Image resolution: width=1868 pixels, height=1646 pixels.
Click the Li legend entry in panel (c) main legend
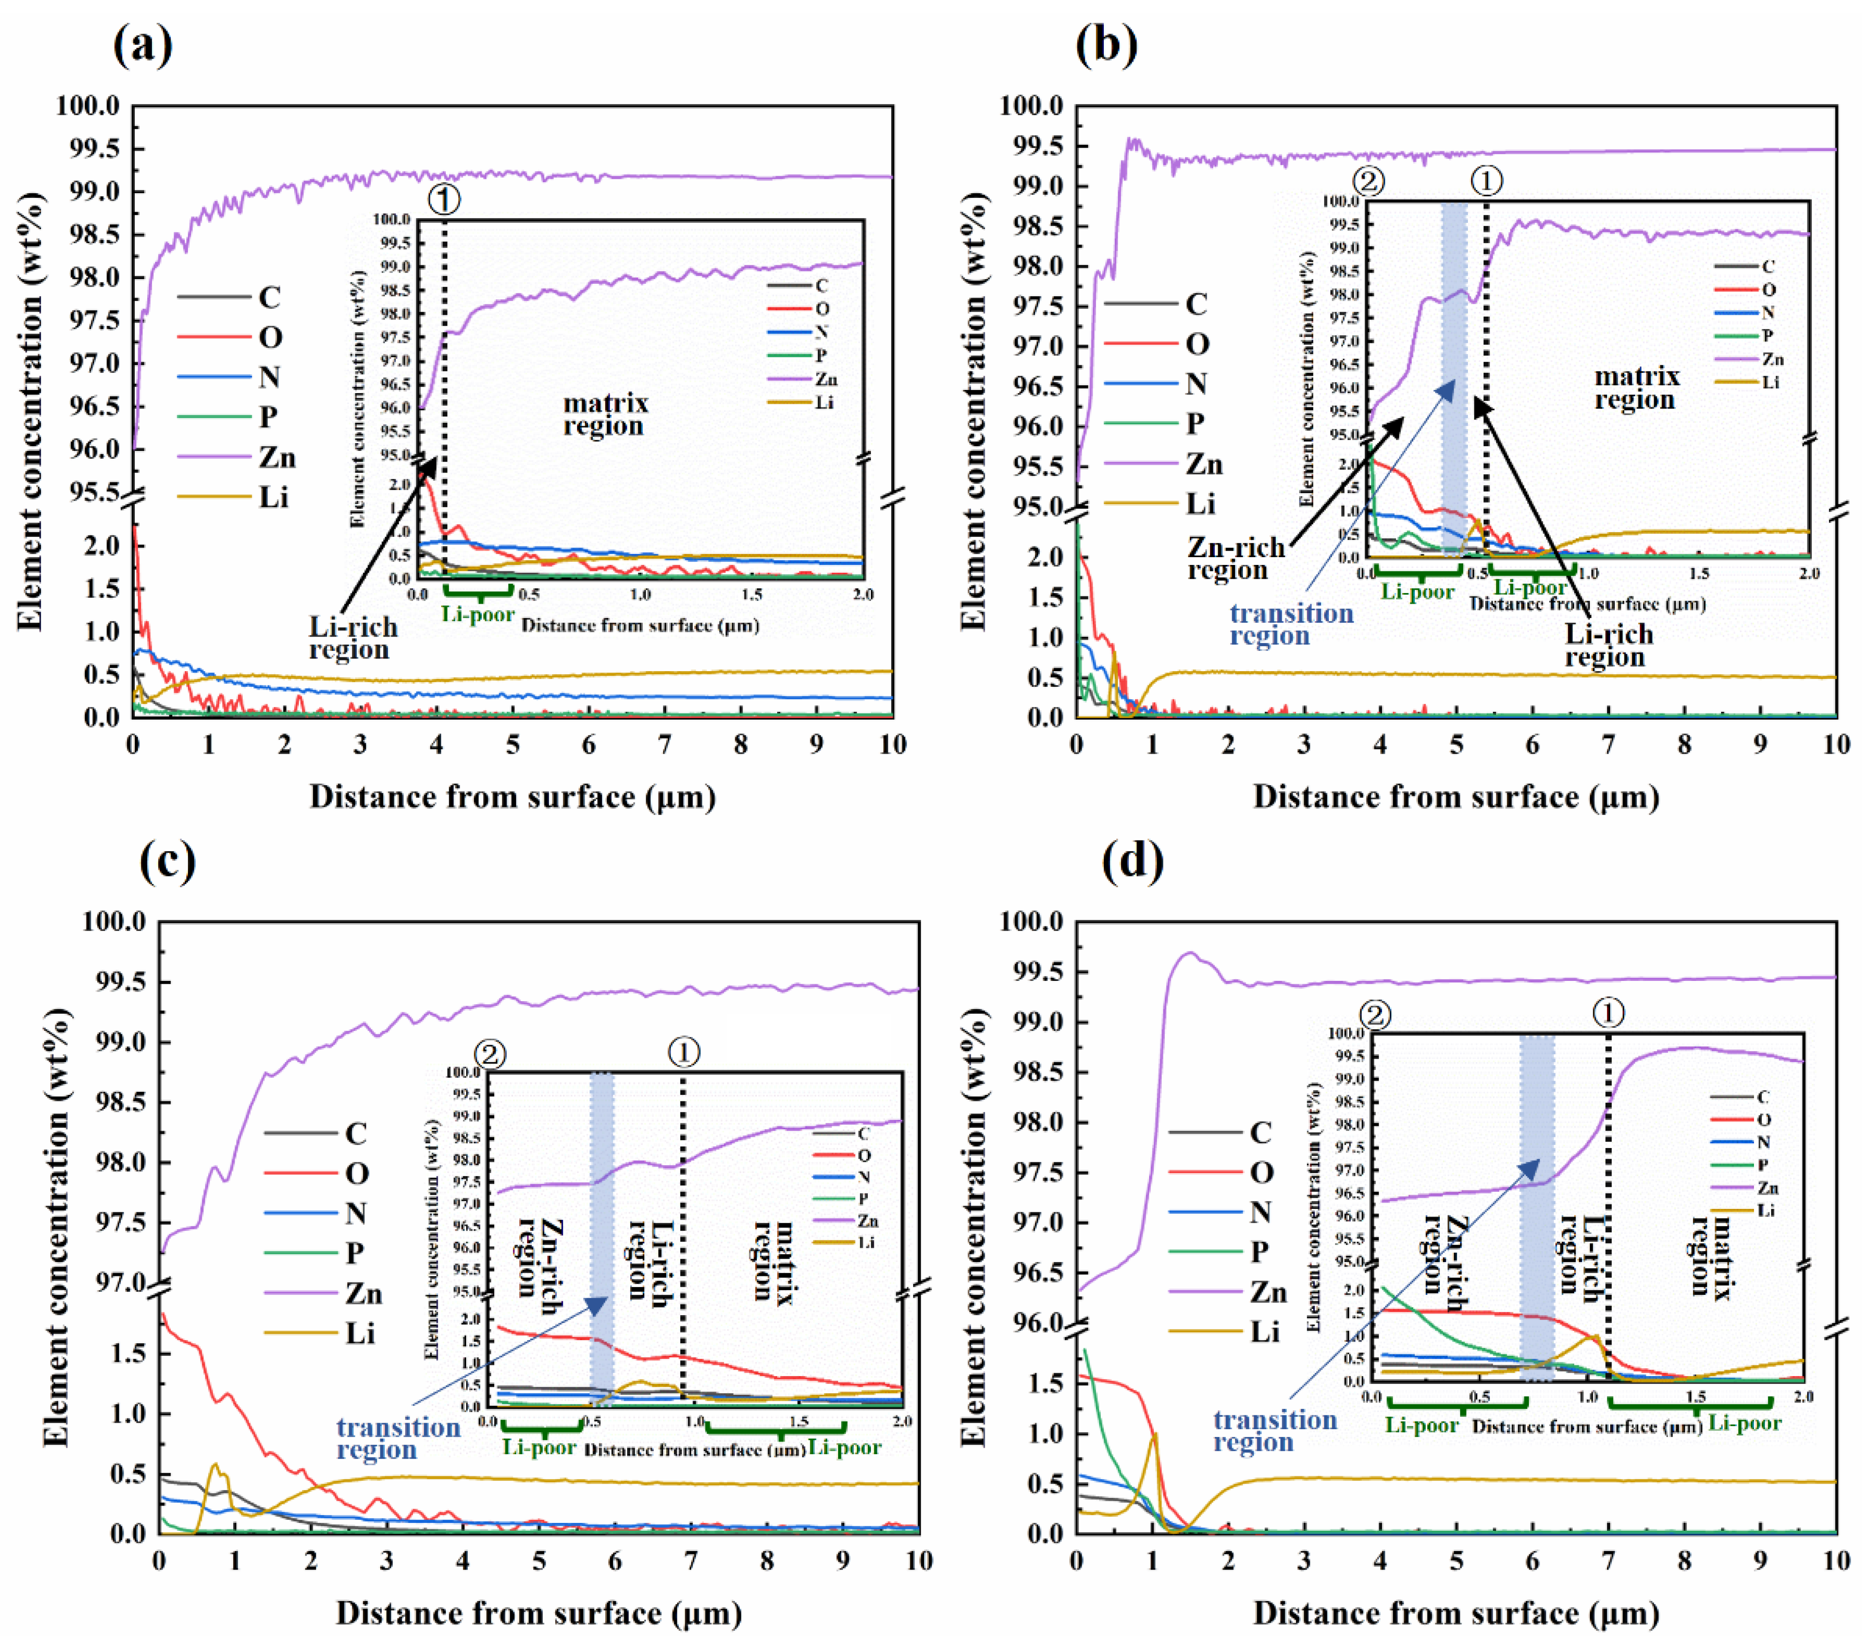coord(360,1333)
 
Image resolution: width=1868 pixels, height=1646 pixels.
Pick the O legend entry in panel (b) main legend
coord(1197,345)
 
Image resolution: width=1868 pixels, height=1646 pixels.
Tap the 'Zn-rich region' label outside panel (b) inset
coord(1236,558)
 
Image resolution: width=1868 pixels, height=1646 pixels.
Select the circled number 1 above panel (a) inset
coord(444,199)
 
